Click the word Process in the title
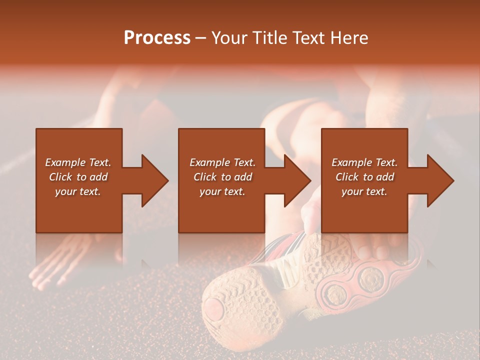pyautogui.click(x=157, y=38)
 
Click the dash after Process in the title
pyautogui.click(x=200, y=38)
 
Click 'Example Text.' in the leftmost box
pyautogui.click(x=78, y=162)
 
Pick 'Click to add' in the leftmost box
pyautogui.click(x=78, y=177)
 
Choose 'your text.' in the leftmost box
pyautogui.click(x=78, y=191)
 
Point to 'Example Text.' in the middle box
pyautogui.click(x=222, y=162)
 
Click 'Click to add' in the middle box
pyautogui.click(x=222, y=177)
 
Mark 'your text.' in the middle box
pyautogui.click(x=222, y=191)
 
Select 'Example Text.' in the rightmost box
pyautogui.click(x=364, y=162)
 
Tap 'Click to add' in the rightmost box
pyautogui.click(x=364, y=177)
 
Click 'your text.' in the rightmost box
pyautogui.click(x=364, y=191)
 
